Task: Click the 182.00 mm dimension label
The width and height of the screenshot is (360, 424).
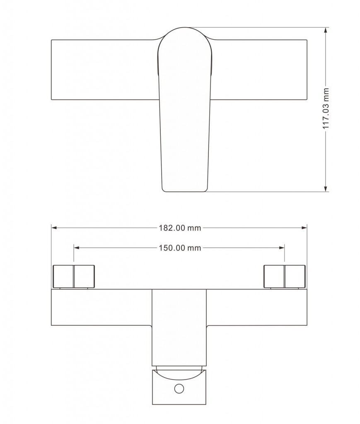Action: tap(180, 228)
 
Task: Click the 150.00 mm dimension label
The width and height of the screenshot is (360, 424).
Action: tap(180, 248)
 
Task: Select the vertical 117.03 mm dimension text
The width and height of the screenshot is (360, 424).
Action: tap(326, 108)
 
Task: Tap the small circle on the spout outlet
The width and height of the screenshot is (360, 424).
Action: tap(179, 388)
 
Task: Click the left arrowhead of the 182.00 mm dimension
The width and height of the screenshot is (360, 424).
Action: tap(54, 228)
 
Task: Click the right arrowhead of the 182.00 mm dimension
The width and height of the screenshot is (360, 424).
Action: tap(304, 228)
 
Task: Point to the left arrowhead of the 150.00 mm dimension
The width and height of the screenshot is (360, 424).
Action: tap(77, 248)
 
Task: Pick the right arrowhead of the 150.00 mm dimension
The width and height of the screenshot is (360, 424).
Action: tap(282, 248)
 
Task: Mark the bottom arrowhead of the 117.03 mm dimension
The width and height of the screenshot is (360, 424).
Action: tap(326, 189)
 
